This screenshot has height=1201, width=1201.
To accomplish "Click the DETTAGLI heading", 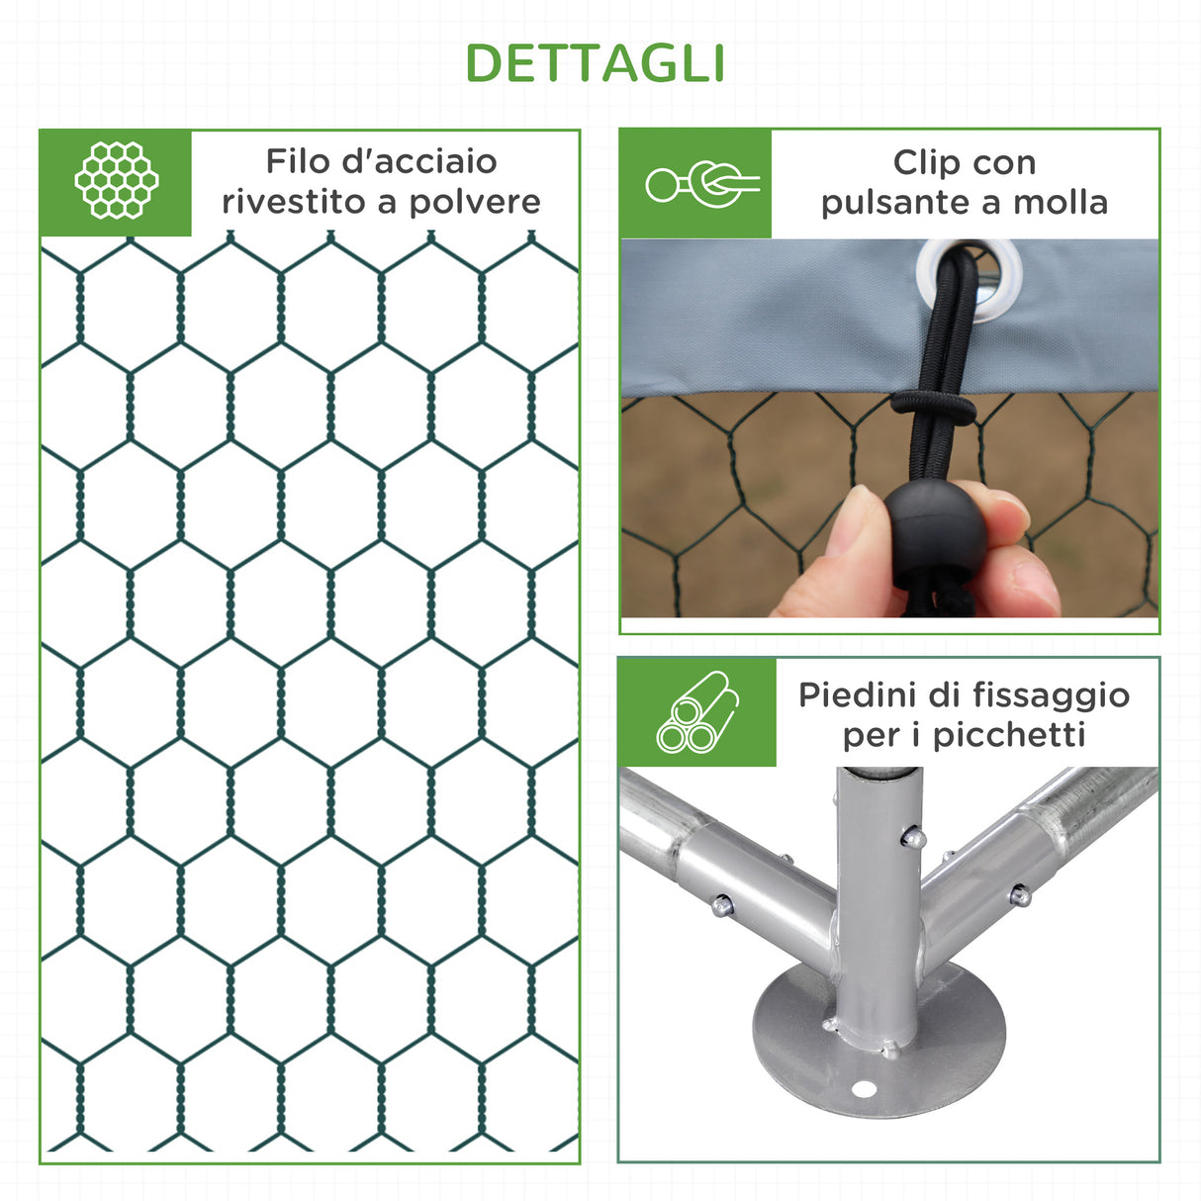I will pos(596,63).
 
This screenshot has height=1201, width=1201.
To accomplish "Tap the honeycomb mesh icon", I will pos(116,181).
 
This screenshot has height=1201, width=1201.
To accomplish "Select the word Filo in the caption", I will pos(296,161).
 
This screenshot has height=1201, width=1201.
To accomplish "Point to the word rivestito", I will pos(293,202).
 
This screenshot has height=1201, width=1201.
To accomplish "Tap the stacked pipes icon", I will pos(697,712).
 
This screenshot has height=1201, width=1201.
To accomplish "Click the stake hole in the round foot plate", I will pos(864,1089).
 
